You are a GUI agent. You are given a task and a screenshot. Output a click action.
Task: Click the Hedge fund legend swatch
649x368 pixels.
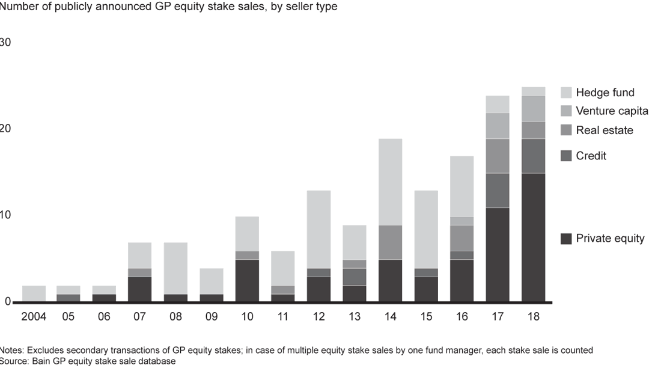[565, 93]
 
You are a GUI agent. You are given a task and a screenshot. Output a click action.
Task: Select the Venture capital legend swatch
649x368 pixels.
[565, 111]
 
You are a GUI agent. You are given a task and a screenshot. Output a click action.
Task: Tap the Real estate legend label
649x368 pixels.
[604, 130]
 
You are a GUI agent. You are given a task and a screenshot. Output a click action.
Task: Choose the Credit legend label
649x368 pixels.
[591, 156]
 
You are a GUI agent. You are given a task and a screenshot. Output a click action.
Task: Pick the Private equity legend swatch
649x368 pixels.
[565, 239]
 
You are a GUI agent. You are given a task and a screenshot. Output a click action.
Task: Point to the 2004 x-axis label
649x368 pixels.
[34, 316]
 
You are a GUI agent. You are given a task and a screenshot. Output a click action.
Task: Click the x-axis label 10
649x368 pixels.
[247, 316]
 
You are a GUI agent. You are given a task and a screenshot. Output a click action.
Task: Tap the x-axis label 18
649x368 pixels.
[533, 316]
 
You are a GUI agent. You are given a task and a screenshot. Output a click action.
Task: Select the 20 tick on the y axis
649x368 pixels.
[5, 129]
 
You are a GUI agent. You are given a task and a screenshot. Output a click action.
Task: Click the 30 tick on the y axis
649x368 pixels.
[5, 43]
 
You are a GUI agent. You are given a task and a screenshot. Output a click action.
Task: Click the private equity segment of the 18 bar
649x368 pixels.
[533, 238]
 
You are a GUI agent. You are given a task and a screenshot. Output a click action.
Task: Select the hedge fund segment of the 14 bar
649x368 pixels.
[390, 182]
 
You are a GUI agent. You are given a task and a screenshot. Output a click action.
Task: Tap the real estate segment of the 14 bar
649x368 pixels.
[390, 242]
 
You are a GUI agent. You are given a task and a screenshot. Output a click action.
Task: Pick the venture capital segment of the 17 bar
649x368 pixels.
[498, 126]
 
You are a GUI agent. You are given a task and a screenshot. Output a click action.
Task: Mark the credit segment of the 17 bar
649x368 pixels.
[498, 191]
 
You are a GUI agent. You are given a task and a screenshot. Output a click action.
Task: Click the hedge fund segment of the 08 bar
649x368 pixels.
[175, 268]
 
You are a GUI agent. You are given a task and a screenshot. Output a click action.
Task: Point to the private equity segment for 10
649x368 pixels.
[247, 281]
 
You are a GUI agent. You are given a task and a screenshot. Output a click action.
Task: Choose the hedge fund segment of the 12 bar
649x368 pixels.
[318, 229]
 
